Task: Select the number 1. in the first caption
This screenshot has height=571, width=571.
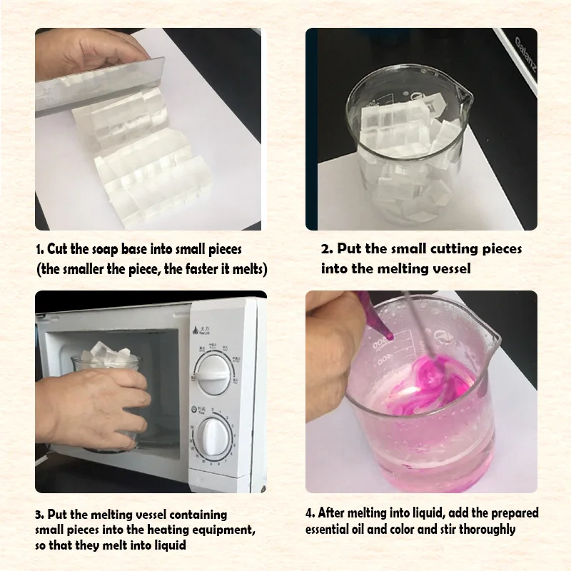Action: pyautogui.click(x=40, y=251)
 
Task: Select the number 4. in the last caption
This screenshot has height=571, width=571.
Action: pyautogui.click(x=310, y=513)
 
